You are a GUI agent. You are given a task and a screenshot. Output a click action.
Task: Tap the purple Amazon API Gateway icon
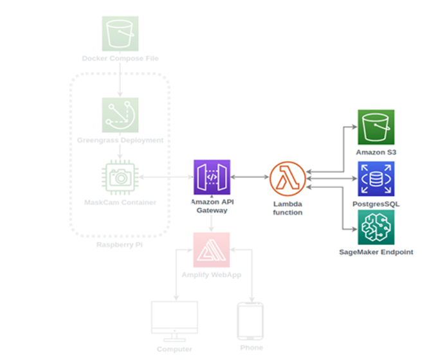(212, 177)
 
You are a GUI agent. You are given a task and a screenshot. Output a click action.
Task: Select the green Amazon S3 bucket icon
(376, 127)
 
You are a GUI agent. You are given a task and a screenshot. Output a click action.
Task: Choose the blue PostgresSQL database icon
(376, 179)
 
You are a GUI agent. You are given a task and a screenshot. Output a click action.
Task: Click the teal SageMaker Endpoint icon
(376, 227)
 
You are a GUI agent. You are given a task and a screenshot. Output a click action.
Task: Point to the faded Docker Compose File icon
(120, 34)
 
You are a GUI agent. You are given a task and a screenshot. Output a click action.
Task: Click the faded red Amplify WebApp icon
(212, 250)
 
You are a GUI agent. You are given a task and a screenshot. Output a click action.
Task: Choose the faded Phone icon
(250, 321)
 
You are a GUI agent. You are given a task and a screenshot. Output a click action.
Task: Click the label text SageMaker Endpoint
(376, 252)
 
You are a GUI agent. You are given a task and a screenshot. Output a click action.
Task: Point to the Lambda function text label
(287, 208)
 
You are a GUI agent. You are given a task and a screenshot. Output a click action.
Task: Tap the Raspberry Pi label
(120, 245)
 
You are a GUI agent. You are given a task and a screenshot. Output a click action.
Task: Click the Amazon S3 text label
(376, 152)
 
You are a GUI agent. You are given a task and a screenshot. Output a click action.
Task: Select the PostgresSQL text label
(376, 203)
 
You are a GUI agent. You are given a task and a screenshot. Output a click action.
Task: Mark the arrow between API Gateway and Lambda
(250, 177)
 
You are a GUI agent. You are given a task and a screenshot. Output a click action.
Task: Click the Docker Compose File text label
(120, 59)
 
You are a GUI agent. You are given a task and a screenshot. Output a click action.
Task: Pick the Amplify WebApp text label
(212, 275)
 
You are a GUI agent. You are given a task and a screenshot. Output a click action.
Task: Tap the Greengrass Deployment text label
(120, 140)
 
